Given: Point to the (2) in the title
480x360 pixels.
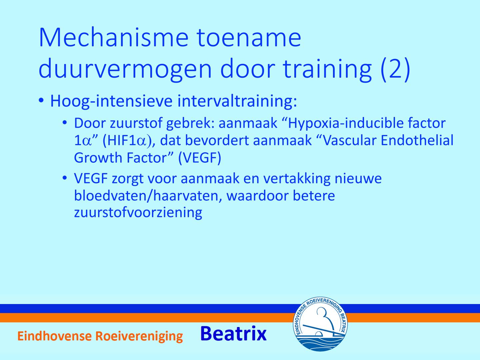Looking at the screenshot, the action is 395,70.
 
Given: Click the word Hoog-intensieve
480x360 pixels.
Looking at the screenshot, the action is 112,101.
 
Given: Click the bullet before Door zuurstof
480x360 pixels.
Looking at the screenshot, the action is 65,123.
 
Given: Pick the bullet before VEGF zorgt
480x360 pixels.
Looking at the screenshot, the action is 65,178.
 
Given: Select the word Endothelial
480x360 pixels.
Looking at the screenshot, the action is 417,140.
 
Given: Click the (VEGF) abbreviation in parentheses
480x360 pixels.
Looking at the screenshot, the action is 200,158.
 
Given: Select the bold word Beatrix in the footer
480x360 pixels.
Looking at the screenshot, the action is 233,334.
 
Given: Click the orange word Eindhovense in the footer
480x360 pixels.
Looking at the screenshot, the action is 54,336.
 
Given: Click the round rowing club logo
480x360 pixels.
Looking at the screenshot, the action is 320,324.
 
